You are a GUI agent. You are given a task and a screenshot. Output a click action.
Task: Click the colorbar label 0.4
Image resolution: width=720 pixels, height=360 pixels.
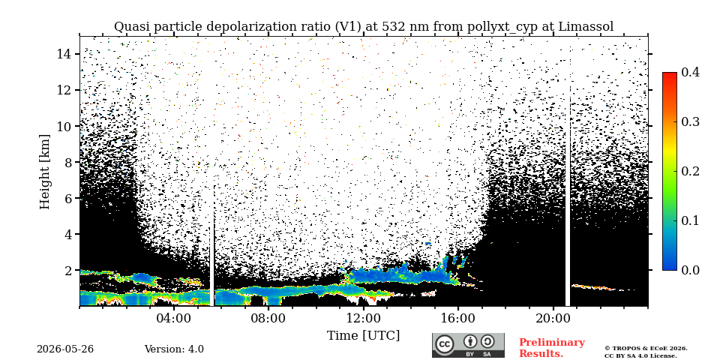tap(690, 72)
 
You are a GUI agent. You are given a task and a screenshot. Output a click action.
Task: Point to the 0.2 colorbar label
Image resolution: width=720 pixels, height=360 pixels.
tap(690, 171)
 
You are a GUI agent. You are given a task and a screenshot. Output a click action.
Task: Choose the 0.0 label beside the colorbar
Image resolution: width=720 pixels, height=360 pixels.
tap(690, 269)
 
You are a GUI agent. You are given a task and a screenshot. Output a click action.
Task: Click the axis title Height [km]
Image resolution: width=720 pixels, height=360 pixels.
tap(44, 172)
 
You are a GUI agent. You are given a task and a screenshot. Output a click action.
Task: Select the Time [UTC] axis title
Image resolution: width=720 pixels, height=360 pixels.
tap(363, 336)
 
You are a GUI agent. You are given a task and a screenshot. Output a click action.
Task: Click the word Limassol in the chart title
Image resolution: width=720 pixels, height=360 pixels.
tap(586, 27)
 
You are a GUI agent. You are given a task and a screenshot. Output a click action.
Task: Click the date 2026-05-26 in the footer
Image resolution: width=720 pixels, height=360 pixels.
tap(65, 349)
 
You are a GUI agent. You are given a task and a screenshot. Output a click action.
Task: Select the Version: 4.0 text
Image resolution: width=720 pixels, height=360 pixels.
tap(174, 349)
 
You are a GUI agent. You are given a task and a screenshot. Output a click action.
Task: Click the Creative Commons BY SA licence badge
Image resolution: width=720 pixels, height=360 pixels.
tap(468, 345)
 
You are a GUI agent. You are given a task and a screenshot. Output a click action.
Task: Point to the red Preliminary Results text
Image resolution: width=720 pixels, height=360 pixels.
tap(552, 348)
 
